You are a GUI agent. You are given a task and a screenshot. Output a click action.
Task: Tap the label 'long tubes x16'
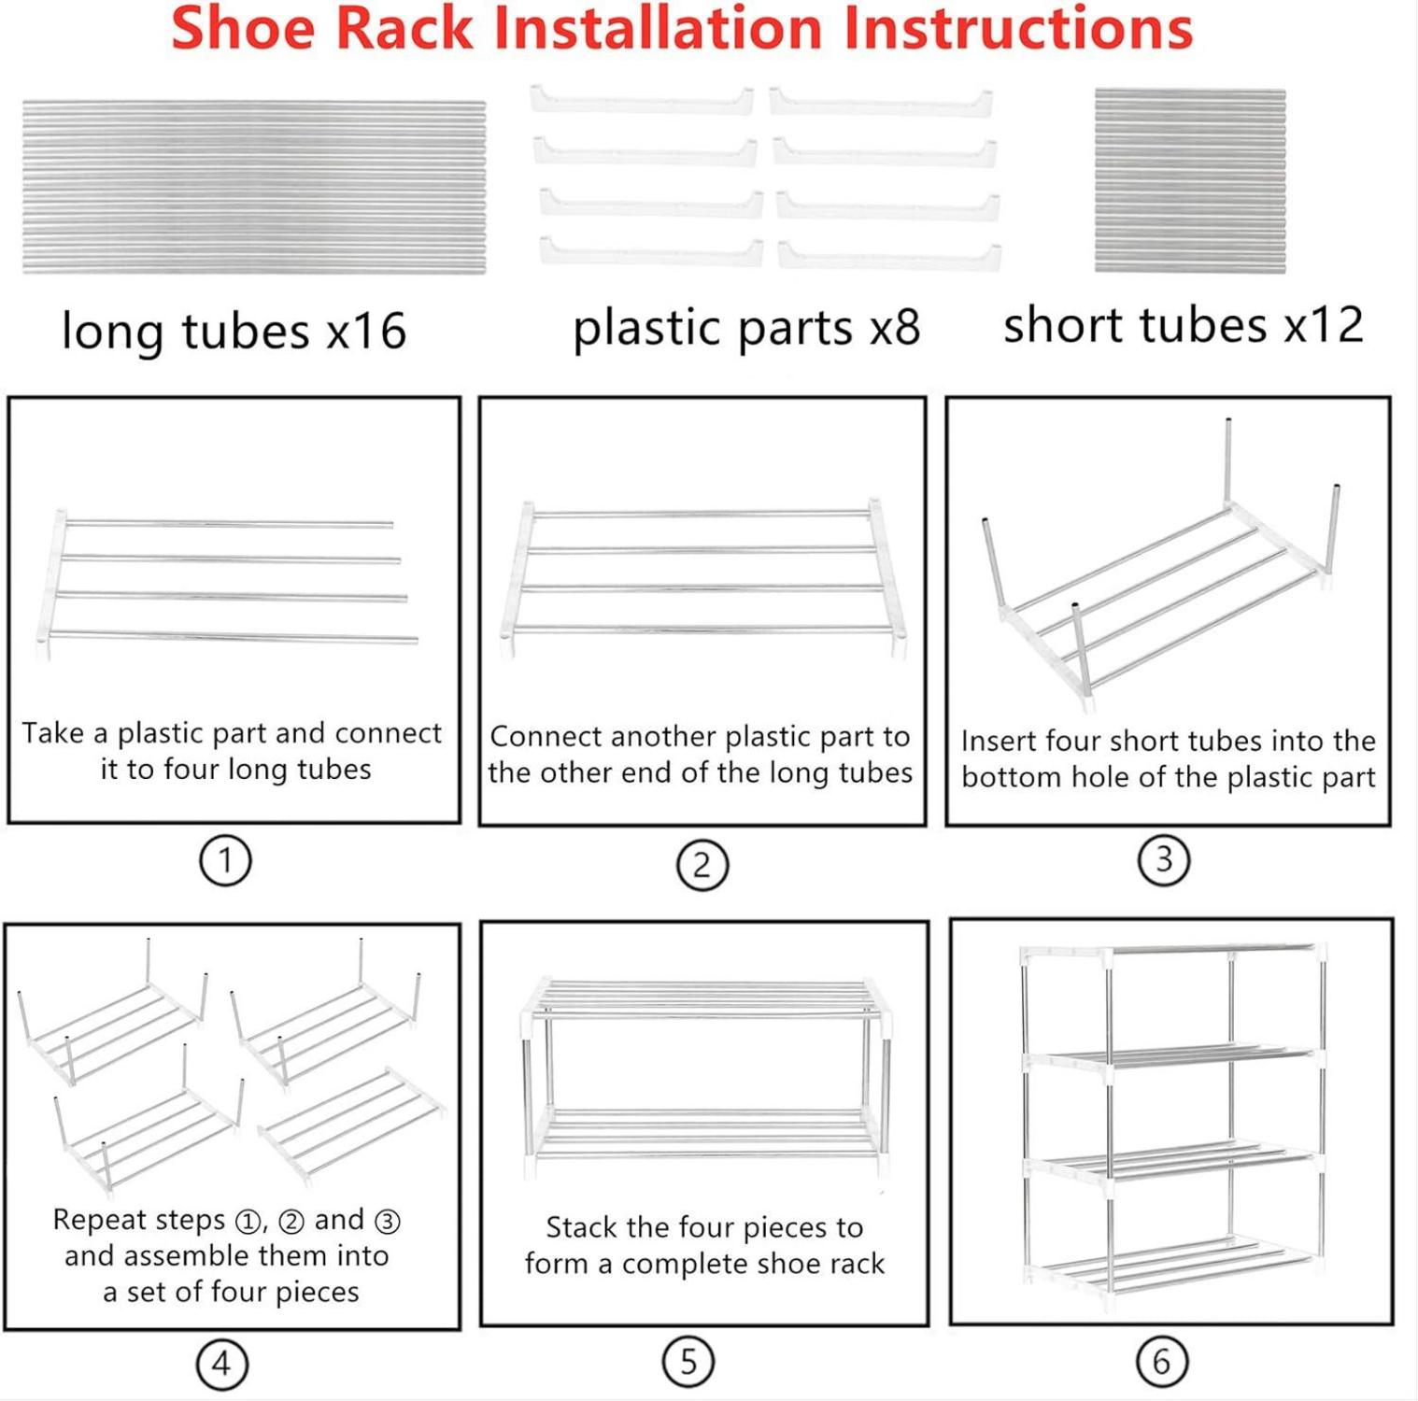(234, 332)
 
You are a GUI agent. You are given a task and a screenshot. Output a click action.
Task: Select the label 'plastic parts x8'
(746, 328)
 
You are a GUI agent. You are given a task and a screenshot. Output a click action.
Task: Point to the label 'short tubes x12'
(1184, 324)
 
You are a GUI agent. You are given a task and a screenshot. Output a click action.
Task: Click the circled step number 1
(225, 860)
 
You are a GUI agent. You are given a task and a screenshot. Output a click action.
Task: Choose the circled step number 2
(702, 865)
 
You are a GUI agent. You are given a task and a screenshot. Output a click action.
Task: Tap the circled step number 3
(1163, 859)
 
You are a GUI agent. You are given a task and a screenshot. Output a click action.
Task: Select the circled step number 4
(221, 1364)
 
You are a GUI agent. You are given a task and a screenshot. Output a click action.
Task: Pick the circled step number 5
(688, 1362)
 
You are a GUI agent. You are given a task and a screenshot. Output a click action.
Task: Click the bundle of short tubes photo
(1190, 181)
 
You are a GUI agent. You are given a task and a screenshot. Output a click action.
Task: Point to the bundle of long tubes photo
(254, 188)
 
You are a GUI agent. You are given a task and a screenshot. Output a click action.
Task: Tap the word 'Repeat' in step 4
(92, 1219)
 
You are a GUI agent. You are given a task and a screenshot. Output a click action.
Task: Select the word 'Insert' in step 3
(999, 741)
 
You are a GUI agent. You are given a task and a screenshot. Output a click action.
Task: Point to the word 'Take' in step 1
(52, 732)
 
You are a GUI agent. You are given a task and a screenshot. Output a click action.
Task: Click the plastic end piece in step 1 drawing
(50, 584)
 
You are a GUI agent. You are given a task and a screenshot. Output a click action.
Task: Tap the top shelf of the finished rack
(1173, 954)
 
